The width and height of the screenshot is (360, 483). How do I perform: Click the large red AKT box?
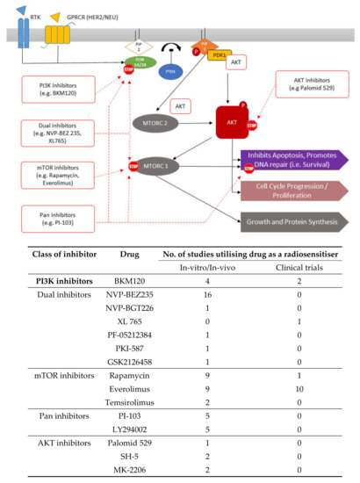point(216,124)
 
